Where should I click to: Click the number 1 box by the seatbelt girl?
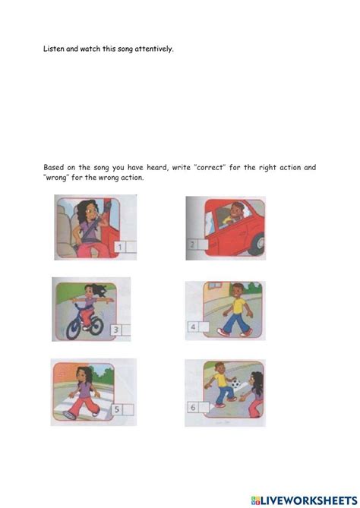[x=121, y=247]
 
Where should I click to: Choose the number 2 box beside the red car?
[x=193, y=245]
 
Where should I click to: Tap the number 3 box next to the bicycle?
[x=115, y=330]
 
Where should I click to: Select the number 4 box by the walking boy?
[x=194, y=328]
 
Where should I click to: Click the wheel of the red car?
[x=256, y=245]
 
